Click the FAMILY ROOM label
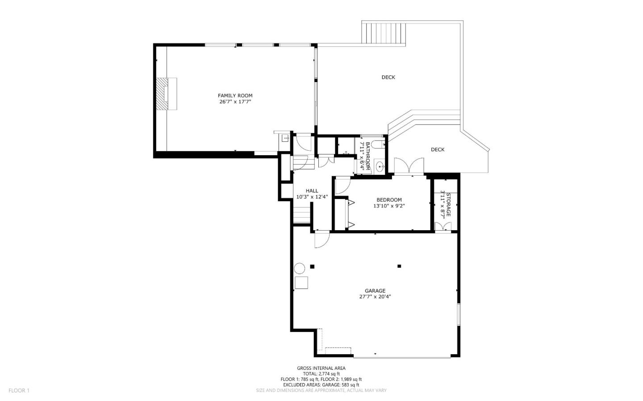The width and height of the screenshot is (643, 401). point(235,95)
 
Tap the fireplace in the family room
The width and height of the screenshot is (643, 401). point(167,94)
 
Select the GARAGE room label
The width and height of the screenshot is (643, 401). point(375,291)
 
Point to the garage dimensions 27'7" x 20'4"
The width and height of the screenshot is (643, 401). point(375,297)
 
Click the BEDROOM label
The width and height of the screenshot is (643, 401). point(389,200)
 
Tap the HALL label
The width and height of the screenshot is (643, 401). point(312,191)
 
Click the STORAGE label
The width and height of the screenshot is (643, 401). point(448,205)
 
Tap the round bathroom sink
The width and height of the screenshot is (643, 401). point(380,167)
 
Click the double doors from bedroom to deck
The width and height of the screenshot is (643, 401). point(409,166)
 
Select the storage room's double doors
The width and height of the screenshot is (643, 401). point(443,227)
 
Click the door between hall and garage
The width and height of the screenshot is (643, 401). point(321,240)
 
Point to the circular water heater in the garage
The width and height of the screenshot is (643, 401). point(299,268)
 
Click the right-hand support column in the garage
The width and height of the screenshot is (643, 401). point(399,266)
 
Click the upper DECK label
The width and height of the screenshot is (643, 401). point(388,77)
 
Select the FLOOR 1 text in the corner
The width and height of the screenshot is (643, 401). point(19,390)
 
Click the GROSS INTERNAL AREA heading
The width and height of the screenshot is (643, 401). point(321,368)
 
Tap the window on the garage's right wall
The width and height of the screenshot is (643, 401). point(458,314)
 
